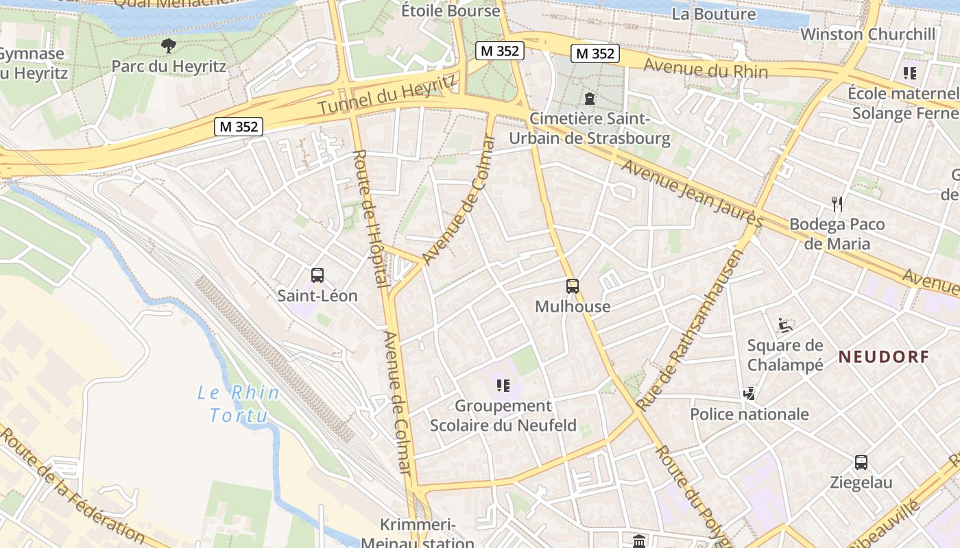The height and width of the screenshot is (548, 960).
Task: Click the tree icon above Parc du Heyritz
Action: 168,47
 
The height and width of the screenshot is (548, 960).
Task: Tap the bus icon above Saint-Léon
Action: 317,275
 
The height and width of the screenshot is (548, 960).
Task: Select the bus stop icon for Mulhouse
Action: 572,286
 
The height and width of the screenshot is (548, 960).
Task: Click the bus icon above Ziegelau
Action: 861,462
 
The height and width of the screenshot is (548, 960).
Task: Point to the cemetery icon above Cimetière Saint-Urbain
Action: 589,99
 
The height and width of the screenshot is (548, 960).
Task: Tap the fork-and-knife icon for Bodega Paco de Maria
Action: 837,203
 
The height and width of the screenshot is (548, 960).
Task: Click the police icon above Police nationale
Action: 749,394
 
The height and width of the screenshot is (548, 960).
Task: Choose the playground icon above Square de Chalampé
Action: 785,325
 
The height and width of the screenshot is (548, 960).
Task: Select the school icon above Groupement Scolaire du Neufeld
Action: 503,386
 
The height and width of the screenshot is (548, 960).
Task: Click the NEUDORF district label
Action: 884,357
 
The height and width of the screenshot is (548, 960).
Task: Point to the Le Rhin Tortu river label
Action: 239,403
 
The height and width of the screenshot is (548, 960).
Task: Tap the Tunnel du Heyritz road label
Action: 387,95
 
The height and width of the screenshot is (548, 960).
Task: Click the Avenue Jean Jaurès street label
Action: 692,193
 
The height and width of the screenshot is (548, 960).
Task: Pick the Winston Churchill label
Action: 867,34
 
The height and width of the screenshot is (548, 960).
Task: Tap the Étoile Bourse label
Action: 451,11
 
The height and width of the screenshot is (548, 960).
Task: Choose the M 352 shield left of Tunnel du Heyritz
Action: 239,127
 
